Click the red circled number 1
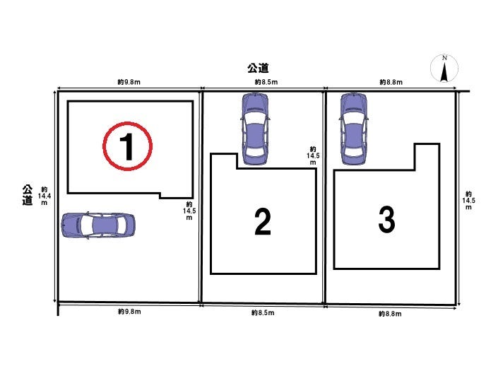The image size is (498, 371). (128, 146)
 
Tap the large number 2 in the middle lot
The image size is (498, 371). (263, 222)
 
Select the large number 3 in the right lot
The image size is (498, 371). (386, 219)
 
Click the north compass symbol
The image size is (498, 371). (444, 69)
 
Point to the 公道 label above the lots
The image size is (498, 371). (259, 68)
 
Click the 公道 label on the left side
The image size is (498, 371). (28, 195)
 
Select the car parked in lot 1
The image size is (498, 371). (98, 225)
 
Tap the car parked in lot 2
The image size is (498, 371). (255, 129)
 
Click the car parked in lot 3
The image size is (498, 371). (354, 129)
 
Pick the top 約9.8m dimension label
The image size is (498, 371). (129, 82)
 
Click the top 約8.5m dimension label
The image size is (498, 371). (266, 82)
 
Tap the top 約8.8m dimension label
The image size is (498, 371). (391, 82)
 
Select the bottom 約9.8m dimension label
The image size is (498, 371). (129, 312)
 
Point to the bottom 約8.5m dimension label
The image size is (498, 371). (263, 313)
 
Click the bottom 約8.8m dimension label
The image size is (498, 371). (390, 314)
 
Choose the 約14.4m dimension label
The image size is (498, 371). (44, 196)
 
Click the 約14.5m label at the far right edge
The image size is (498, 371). (468, 201)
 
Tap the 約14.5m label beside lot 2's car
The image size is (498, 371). (313, 155)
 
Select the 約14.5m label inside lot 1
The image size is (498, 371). (189, 211)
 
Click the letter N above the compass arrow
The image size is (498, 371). (444, 58)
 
